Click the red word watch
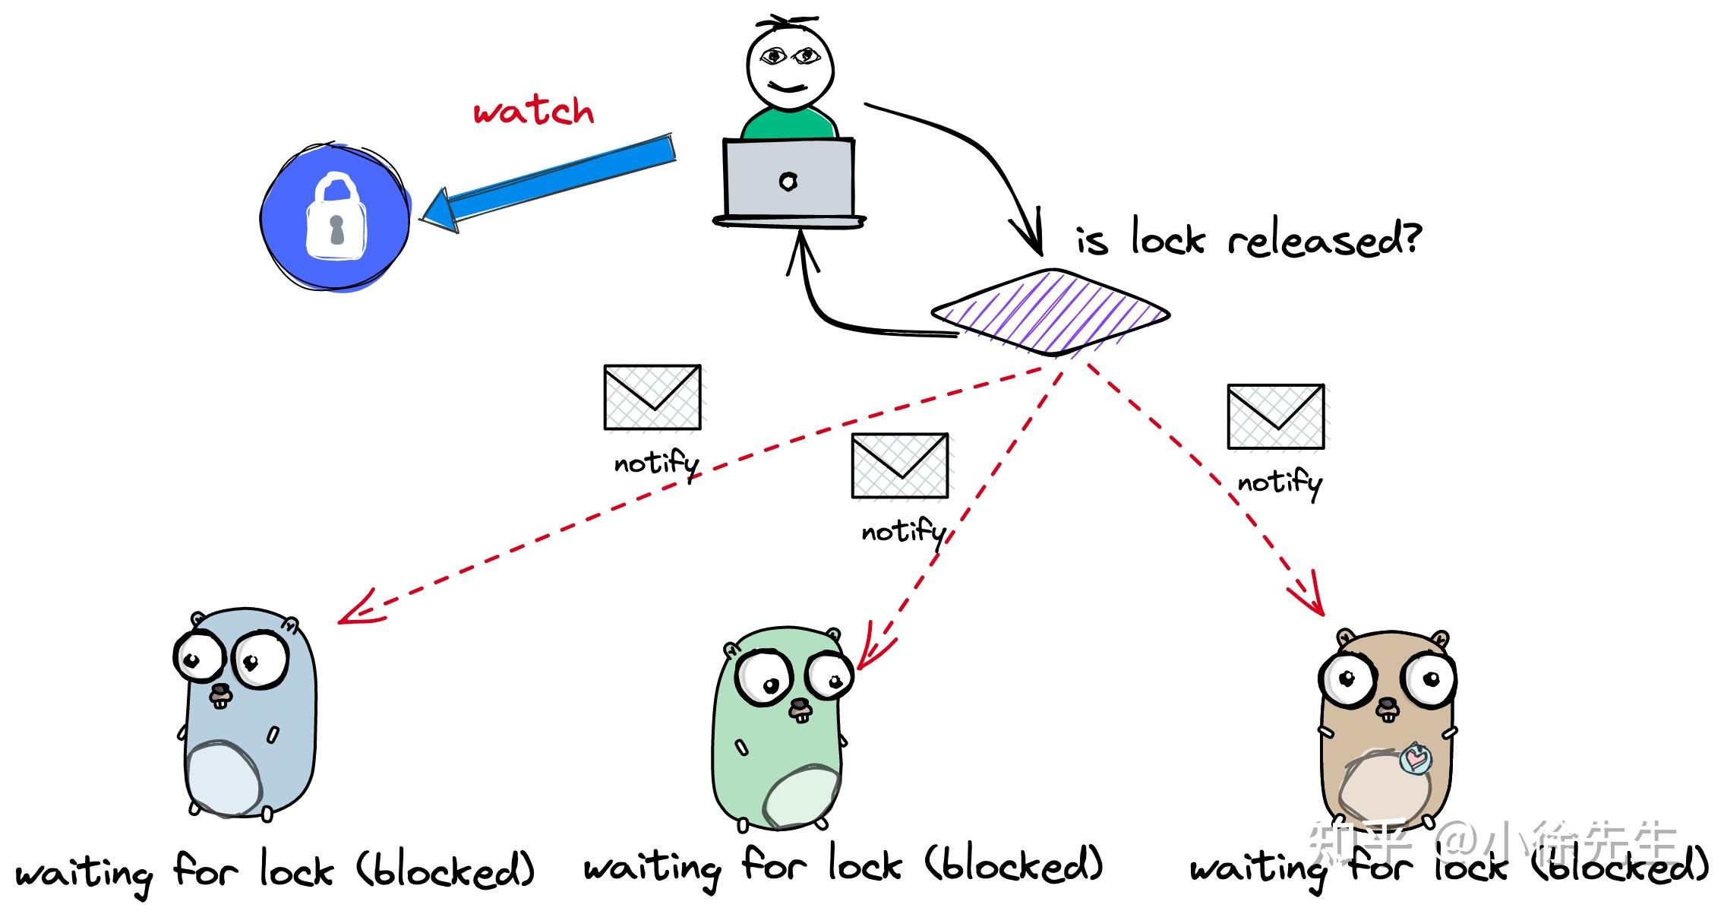(x=533, y=112)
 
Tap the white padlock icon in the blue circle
(x=335, y=217)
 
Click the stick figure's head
(x=789, y=64)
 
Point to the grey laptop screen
(x=789, y=179)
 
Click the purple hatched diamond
(x=1050, y=312)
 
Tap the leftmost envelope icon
(x=652, y=397)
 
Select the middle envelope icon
(x=900, y=466)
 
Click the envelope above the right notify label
(x=1276, y=416)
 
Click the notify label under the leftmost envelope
(x=656, y=463)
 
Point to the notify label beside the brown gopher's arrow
(x=1280, y=482)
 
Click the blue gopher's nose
(x=220, y=691)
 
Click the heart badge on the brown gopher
(x=1416, y=758)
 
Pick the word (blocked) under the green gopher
(x=1013, y=866)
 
